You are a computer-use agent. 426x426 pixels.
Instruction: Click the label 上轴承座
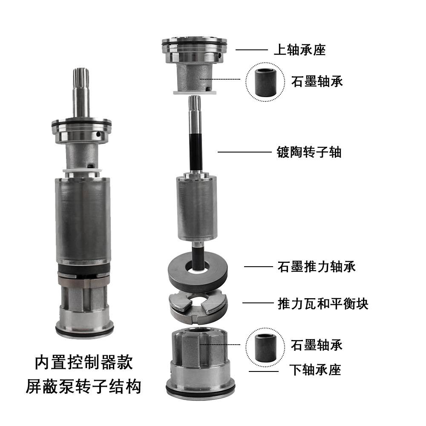[299, 50]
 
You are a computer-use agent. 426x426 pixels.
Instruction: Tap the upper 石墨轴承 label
[317, 81]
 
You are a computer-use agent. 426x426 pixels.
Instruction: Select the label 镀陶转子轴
[309, 152]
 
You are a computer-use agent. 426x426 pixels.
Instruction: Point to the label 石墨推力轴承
[317, 267]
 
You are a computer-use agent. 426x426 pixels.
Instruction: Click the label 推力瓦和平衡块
[323, 303]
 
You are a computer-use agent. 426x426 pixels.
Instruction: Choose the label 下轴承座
[315, 370]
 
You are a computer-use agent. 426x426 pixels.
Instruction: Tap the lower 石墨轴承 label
[317, 345]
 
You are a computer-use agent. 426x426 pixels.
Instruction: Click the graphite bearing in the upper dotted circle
[265, 82]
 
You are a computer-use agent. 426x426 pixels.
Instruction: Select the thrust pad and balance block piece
[198, 308]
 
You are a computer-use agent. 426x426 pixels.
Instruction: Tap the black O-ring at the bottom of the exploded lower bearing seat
[201, 391]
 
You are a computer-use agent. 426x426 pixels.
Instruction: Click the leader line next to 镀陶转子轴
[245, 152]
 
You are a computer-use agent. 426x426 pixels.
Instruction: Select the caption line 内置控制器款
[83, 362]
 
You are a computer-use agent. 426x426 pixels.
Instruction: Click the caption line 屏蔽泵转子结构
[83, 386]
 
